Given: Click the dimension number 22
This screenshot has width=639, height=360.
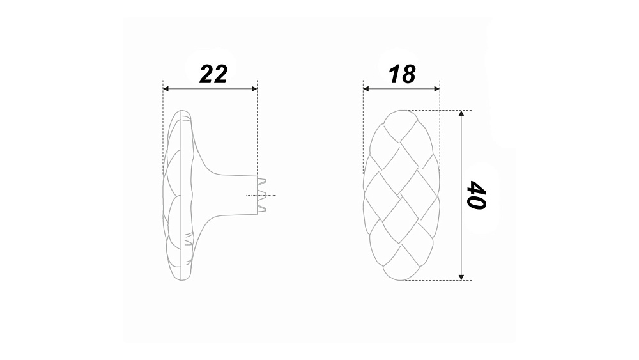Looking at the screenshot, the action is [213, 75].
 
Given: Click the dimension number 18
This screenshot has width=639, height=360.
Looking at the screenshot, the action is [402, 75].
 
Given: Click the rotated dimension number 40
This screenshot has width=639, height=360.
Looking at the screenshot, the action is [476, 195].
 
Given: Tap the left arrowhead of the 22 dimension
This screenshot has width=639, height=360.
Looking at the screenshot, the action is [166, 88].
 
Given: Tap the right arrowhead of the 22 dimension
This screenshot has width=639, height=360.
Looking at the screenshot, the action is [254, 88].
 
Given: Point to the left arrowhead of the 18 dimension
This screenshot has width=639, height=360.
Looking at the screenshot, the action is [366, 88].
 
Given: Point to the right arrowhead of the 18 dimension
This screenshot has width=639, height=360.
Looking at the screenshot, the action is [437, 88].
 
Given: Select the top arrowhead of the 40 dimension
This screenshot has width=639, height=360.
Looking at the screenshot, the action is [461, 113].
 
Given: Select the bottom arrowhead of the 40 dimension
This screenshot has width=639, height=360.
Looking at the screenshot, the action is [461, 278].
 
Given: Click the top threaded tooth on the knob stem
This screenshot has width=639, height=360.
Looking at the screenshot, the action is [261, 180].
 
